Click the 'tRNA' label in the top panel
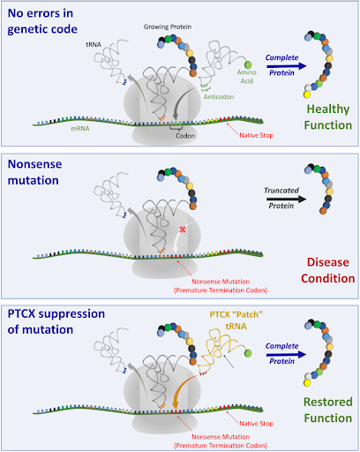[94, 45]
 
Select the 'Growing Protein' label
[168, 26]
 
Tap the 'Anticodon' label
[219, 97]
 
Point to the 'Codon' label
[185, 136]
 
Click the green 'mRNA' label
[80, 129]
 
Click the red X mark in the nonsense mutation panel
[183, 230]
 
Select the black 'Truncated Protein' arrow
[287, 200]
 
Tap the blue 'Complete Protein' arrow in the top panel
[287, 66]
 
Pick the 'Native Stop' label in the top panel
[256, 135]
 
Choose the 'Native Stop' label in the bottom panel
[256, 424]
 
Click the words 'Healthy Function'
[328, 117]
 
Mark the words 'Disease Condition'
[328, 270]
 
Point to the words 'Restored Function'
[328, 410]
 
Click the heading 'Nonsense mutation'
[34, 172]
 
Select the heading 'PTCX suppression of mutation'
[56, 321]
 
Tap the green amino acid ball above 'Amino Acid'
[248, 64]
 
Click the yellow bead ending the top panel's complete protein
[307, 94]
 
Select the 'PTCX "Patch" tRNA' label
[236, 320]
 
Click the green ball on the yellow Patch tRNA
[248, 353]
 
